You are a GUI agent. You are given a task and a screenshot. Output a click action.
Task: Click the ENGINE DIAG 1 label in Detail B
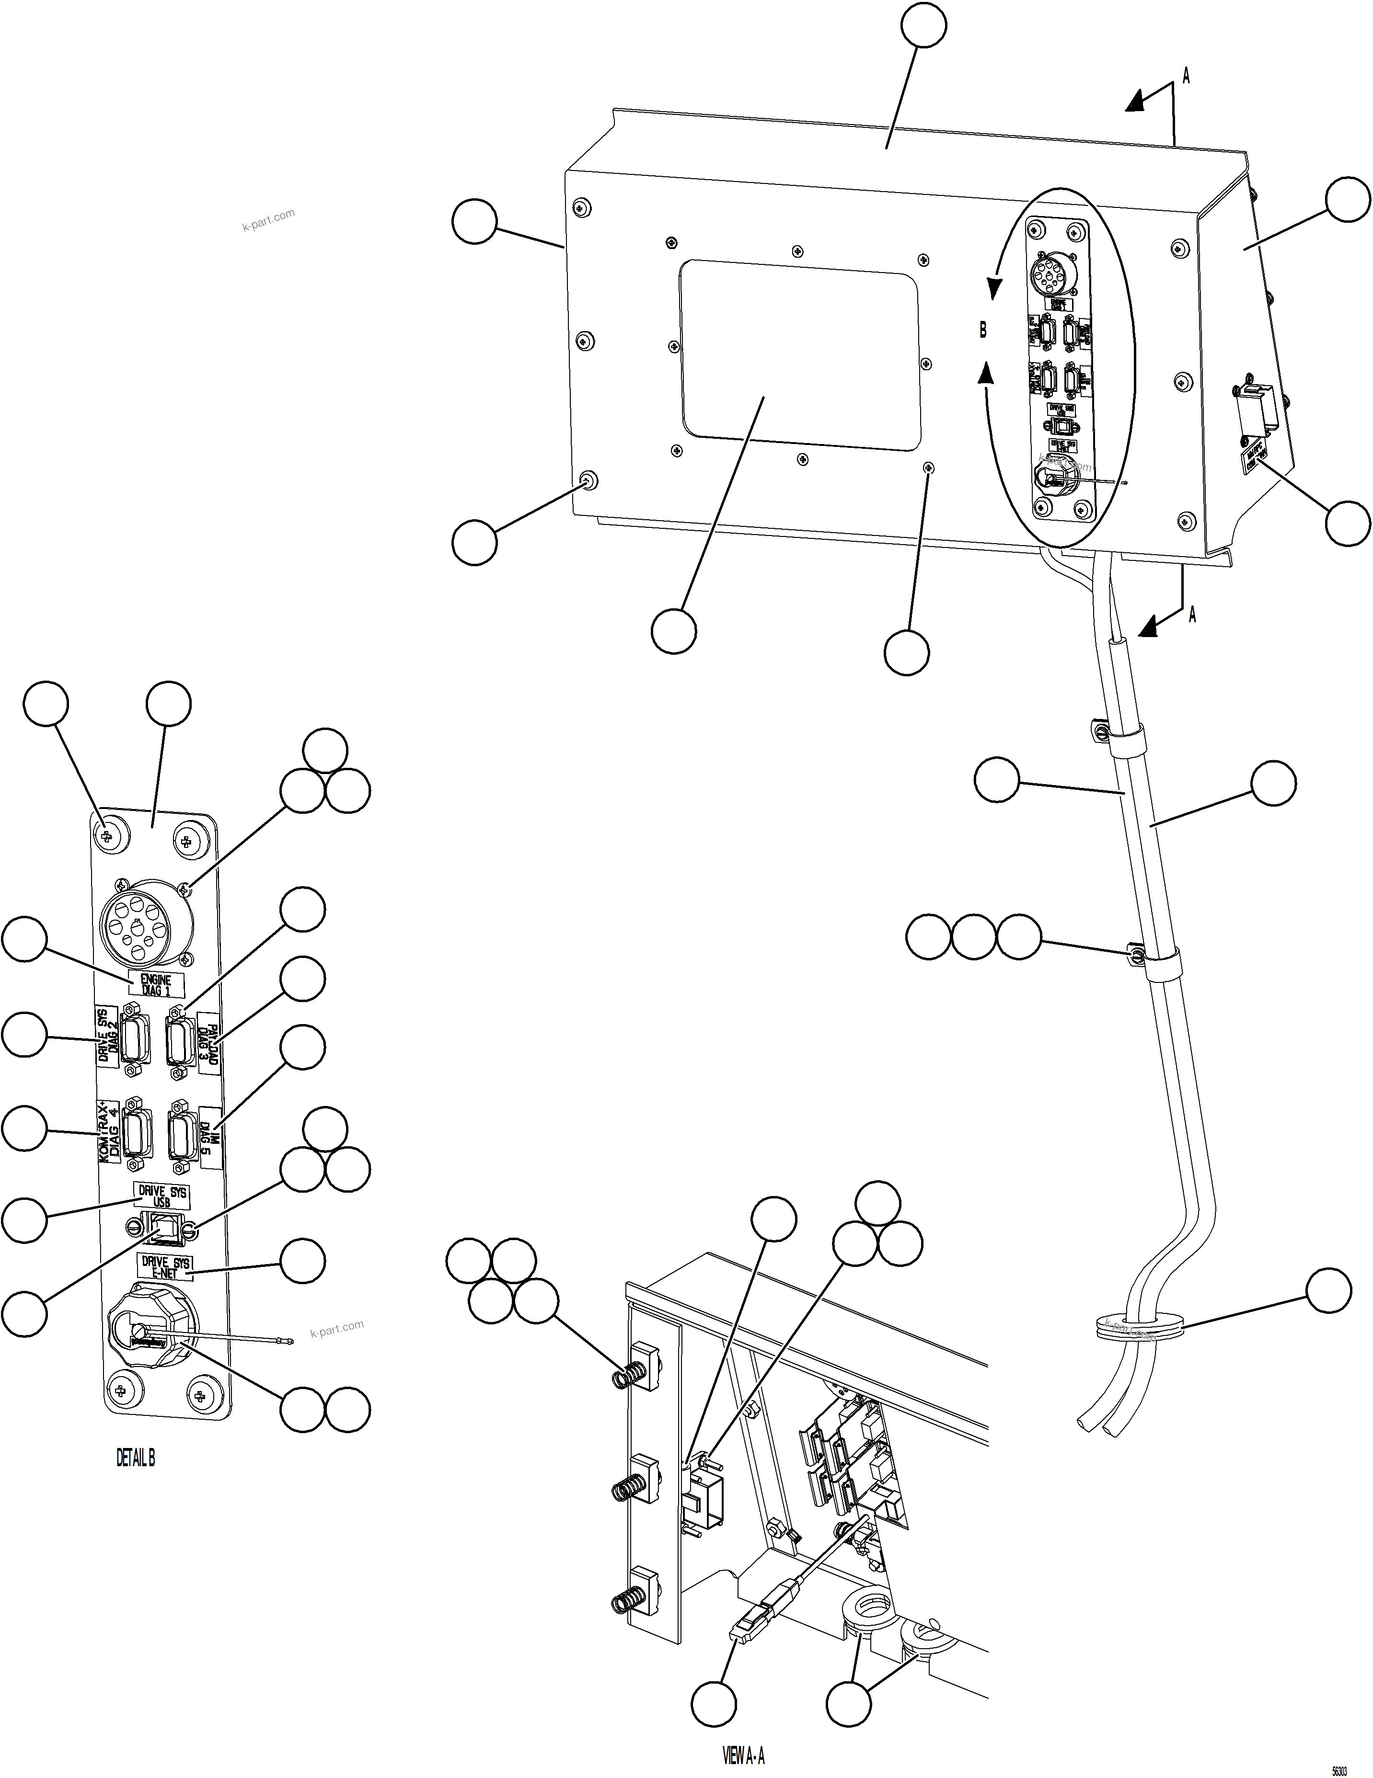tap(156, 985)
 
